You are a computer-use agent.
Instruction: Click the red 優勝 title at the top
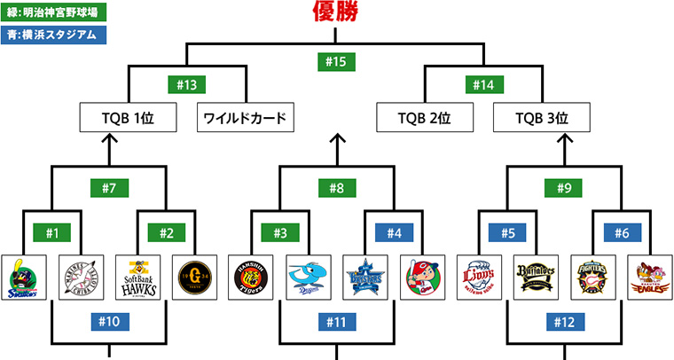(337, 12)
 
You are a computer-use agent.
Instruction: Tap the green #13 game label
(186, 85)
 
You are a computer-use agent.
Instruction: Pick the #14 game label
(483, 85)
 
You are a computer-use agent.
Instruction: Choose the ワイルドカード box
(244, 118)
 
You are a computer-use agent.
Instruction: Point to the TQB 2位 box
(424, 118)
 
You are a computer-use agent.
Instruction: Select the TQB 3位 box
(542, 118)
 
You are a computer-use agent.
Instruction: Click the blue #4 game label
(396, 233)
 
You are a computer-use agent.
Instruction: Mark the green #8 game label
(337, 188)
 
